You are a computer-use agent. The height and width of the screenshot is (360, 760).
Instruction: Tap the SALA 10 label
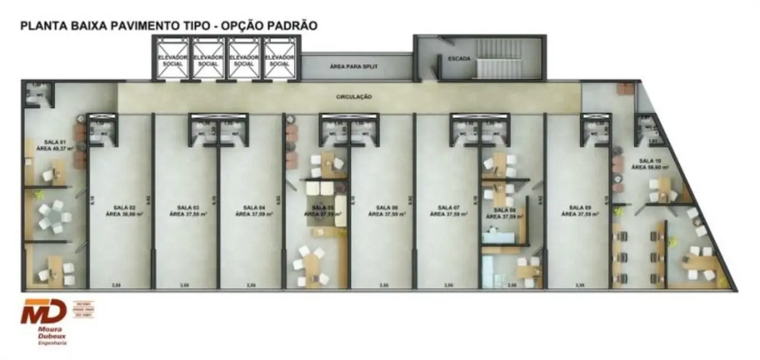(647, 163)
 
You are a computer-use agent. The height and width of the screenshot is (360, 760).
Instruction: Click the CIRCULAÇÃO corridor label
(354, 97)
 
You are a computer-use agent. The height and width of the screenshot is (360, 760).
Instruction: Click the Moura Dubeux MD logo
(44, 313)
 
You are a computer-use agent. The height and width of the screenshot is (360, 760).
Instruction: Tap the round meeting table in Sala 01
(54, 215)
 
